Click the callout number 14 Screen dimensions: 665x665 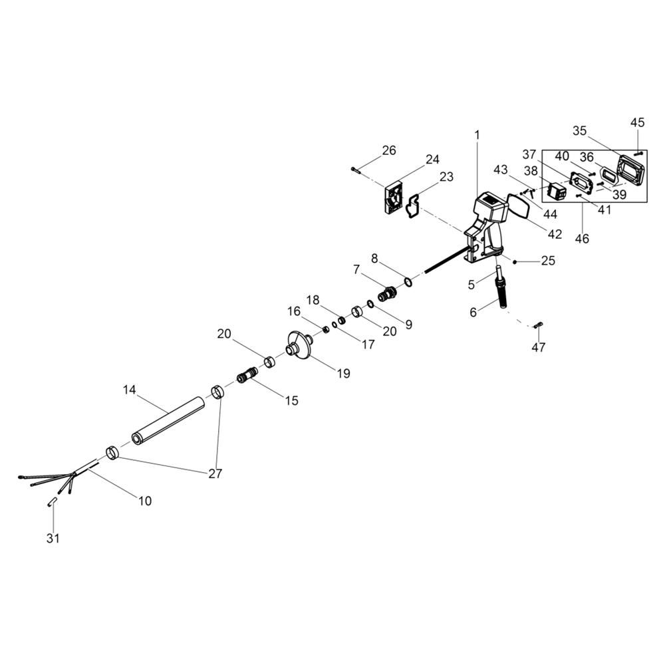click(129, 388)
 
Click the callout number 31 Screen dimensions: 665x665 click(53, 538)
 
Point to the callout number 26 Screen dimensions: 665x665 click(389, 150)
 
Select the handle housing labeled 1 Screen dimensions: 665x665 click(487, 223)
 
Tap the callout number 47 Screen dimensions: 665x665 click(539, 347)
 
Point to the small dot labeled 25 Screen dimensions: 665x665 click(514, 262)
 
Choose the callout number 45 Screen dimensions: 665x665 click(637, 122)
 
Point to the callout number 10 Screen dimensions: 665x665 click(145, 500)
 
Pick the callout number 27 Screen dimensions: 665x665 click(214, 473)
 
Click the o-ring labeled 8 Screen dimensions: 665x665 click(407, 282)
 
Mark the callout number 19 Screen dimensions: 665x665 click(342, 373)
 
